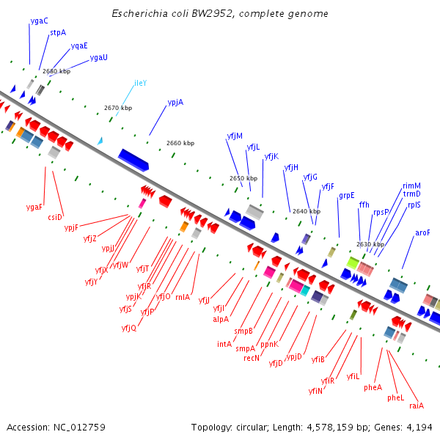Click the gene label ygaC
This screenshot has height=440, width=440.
(x=40, y=21)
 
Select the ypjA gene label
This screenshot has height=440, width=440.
(x=175, y=102)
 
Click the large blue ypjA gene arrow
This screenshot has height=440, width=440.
(x=133, y=158)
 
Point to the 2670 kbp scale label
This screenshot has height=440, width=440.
(x=117, y=108)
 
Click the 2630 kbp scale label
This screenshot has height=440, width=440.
(x=370, y=244)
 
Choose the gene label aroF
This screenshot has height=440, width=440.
(x=423, y=232)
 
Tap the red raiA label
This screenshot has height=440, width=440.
(x=417, y=406)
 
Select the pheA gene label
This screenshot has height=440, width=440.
(x=373, y=387)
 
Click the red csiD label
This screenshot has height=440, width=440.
(x=55, y=216)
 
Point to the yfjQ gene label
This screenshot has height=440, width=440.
(x=129, y=328)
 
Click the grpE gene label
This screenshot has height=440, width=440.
(x=346, y=195)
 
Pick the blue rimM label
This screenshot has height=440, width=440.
(x=412, y=186)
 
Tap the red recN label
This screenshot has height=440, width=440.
(x=252, y=359)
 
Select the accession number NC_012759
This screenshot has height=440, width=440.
(x=78, y=427)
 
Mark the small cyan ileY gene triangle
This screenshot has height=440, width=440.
(x=100, y=140)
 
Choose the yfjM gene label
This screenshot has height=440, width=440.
(x=235, y=136)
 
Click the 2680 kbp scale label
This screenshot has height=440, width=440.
(x=56, y=71)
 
